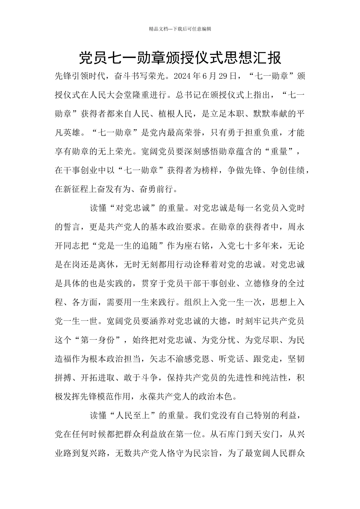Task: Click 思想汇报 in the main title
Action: click(252, 58)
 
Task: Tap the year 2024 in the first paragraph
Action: click(182, 77)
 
